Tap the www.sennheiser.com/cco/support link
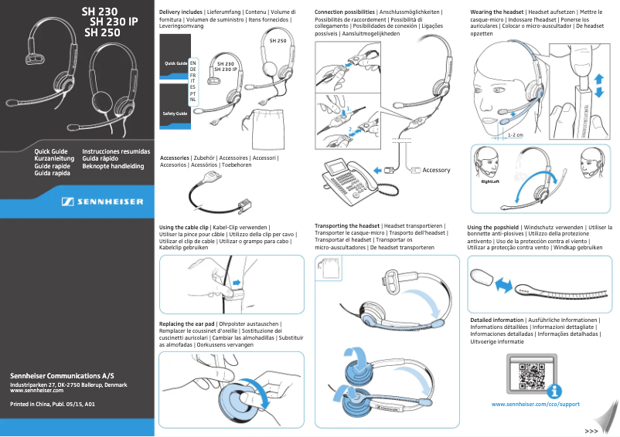click(535, 404)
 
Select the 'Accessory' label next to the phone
click(435, 170)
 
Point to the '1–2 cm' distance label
click(516, 134)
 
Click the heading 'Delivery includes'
click(181, 13)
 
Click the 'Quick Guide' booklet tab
click(175, 62)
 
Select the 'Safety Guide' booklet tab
click(175, 113)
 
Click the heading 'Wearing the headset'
click(496, 13)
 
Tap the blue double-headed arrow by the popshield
click(504, 286)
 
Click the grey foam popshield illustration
click(479, 275)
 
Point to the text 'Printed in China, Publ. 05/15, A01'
click(52, 404)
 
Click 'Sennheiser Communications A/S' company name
click(61, 375)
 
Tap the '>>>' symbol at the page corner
click(592, 430)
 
